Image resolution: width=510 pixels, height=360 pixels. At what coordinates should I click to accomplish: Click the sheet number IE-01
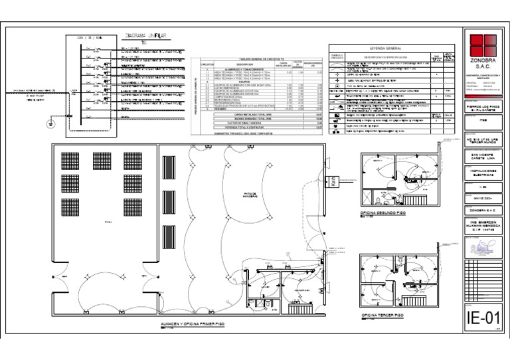point(483,319)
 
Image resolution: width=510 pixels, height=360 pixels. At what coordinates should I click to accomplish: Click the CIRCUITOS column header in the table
point(208,64)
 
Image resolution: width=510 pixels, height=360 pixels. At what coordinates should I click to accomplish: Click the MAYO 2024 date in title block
point(483,197)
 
